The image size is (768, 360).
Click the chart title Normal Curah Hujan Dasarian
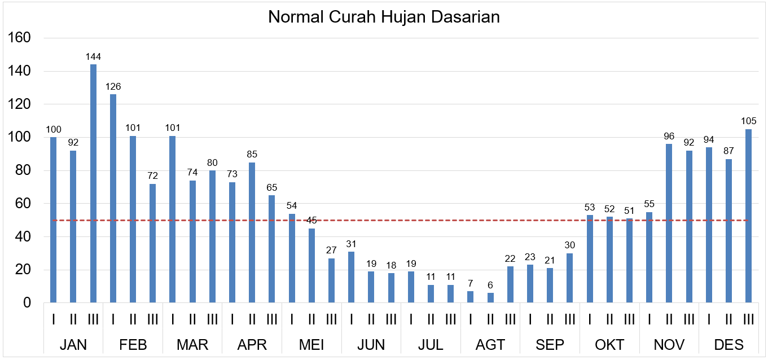(384, 17)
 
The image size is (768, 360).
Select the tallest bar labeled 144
(93, 183)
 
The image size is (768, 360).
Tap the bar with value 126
(113, 198)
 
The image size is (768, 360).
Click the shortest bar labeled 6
(490, 298)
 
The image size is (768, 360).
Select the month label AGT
(490, 345)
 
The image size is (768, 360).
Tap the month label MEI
(311, 345)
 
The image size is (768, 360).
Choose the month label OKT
(609, 345)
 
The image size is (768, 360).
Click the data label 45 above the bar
(311, 220)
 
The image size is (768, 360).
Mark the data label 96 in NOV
(669, 136)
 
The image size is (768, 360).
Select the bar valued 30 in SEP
(569, 278)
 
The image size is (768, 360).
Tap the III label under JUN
(391, 319)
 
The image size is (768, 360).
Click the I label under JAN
(54, 319)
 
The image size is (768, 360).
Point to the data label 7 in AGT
(471, 283)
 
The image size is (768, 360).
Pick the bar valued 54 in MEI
(292, 258)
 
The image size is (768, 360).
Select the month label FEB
(133, 345)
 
